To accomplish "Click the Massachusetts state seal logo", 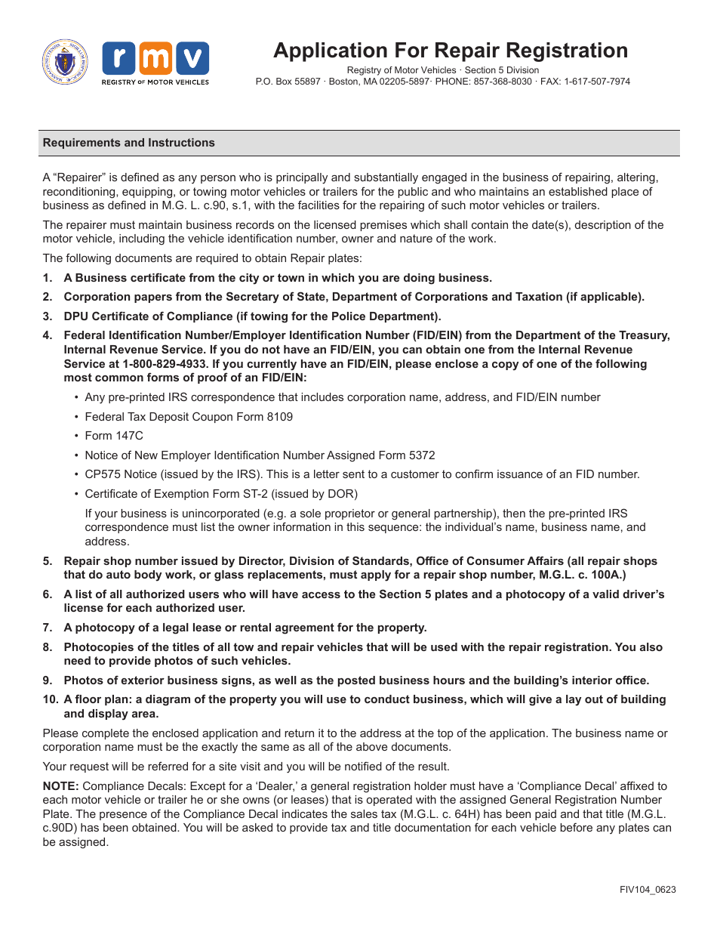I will pos(65,62).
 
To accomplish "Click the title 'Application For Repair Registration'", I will pos(451,51).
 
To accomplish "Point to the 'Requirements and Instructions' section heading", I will pos(128,143).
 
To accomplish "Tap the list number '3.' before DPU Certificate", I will pos(48,316).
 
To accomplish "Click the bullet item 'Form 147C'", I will pos(113,436).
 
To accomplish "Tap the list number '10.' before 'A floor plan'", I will pos(50,699).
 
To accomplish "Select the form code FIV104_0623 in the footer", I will pos(648,889).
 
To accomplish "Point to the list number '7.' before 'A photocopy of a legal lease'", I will pos(48,628).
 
